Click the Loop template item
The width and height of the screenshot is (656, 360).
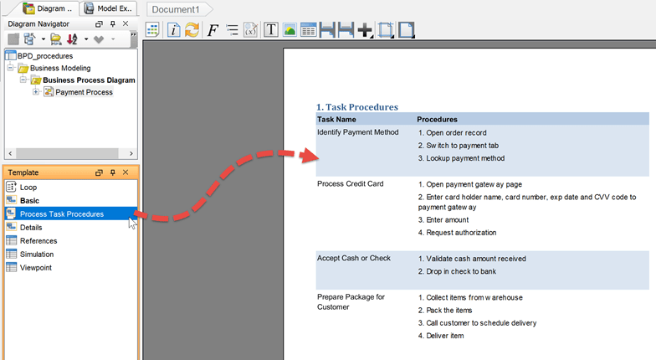click(x=28, y=188)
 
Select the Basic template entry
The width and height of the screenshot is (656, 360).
click(x=29, y=201)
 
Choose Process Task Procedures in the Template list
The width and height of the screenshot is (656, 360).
click(x=62, y=214)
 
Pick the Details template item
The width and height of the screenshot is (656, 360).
click(x=31, y=228)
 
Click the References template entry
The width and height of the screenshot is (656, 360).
click(x=38, y=241)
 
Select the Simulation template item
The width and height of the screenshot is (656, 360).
click(x=37, y=255)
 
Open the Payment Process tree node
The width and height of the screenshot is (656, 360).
click(x=84, y=92)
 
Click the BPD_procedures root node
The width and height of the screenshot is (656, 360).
click(x=45, y=56)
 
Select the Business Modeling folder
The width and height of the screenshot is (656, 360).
click(x=60, y=69)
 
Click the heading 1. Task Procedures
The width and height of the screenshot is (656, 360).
click(x=356, y=107)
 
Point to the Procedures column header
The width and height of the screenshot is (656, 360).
click(x=437, y=120)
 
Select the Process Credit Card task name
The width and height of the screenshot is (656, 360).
click(x=350, y=184)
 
